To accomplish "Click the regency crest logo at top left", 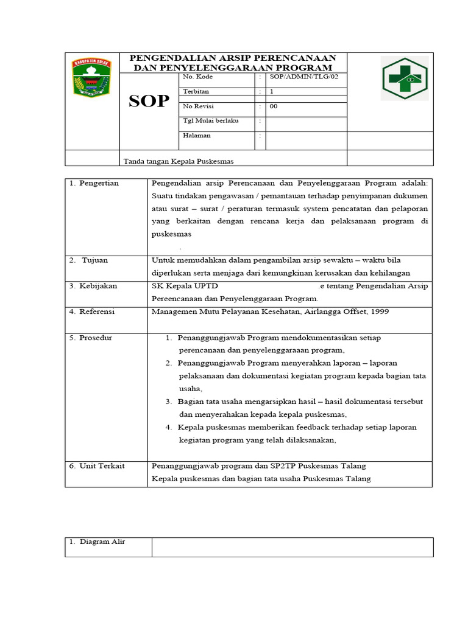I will [x=91, y=77].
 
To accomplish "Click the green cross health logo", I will [x=405, y=78].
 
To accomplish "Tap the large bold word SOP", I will [x=148, y=102].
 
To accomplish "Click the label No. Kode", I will [x=197, y=77].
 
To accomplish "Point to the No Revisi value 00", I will [x=274, y=106].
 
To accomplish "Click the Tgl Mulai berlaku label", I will [x=211, y=120].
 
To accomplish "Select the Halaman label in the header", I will [x=197, y=135].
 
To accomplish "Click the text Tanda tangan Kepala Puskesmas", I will [x=179, y=161].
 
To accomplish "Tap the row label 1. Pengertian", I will [x=94, y=183].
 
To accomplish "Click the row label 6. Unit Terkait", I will [x=97, y=465].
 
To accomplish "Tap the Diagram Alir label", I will [x=97, y=541].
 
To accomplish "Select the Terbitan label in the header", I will [x=196, y=91].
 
